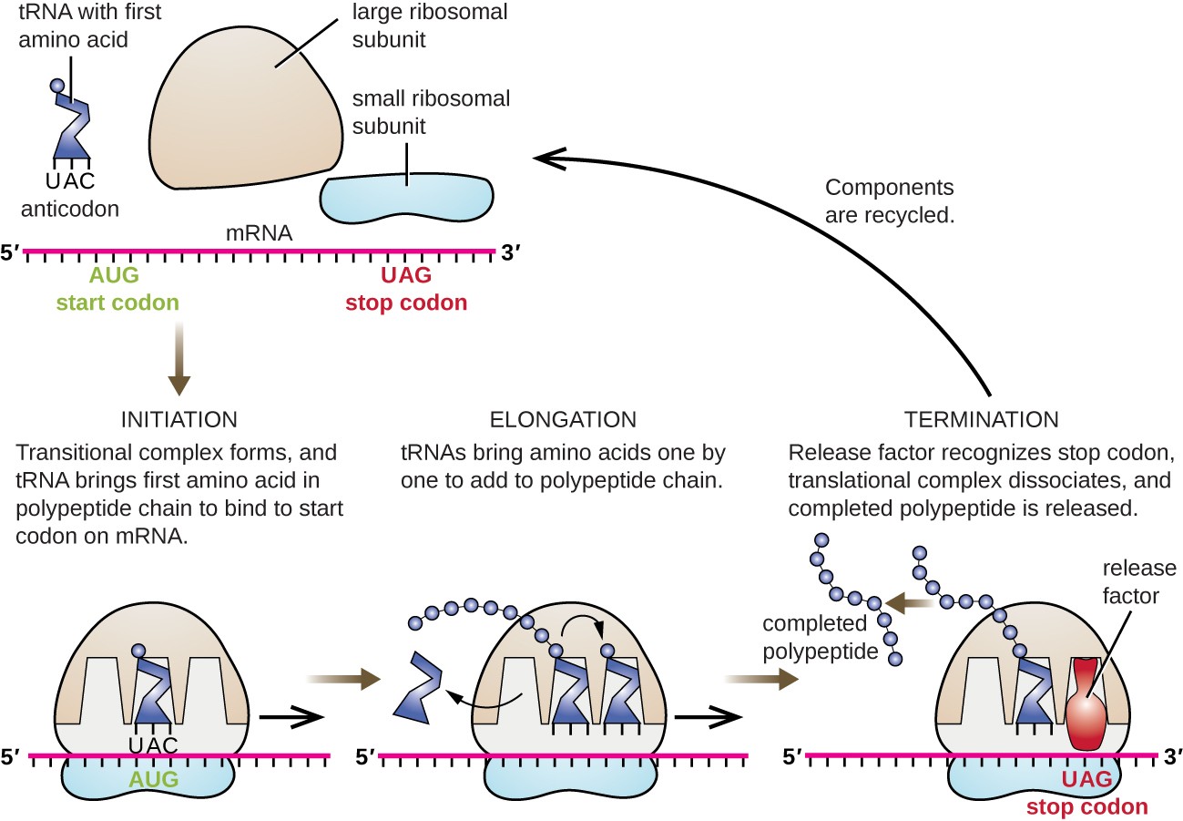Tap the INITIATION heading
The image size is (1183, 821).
[x=178, y=420]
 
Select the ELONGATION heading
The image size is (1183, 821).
[x=563, y=420]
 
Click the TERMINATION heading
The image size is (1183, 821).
[x=981, y=420]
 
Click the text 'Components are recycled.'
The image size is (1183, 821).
[x=890, y=201]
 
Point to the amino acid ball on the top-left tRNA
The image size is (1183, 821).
[x=57, y=87]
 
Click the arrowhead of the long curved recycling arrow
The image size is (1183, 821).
[x=545, y=158]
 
